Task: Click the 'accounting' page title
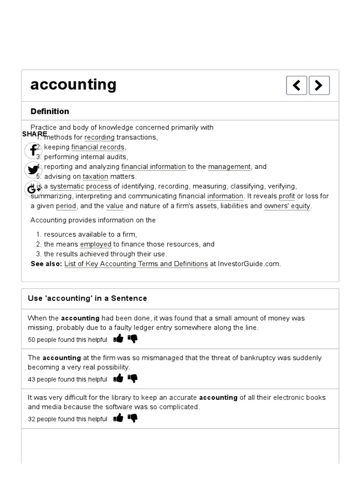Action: pyautogui.click(x=73, y=85)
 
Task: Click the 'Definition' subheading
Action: pyautogui.click(x=50, y=111)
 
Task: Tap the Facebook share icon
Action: pyautogui.click(x=33, y=150)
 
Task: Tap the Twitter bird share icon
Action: pyautogui.click(x=33, y=170)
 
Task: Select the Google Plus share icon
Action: pyautogui.click(x=33, y=189)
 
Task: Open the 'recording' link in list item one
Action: pyautogui.click(x=99, y=137)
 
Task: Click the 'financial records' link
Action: pyautogui.click(x=98, y=147)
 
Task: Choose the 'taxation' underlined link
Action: pyautogui.click(x=95, y=177)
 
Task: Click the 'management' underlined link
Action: pyautogui.click(x=229, y=167)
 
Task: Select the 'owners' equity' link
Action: pyautogui.click(x=287, y=206)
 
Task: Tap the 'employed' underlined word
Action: pyautogui.click(x=96, y=244)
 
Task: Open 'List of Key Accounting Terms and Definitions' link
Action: pyautogui.click(x=136, y=264)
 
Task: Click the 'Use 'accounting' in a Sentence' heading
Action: pyautogui.click(x=87, y=299)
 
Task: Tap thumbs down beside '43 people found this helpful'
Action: pyautogui.click(x=133, y=379)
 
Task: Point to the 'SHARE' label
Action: pyautogui.click(x=34, y=134)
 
